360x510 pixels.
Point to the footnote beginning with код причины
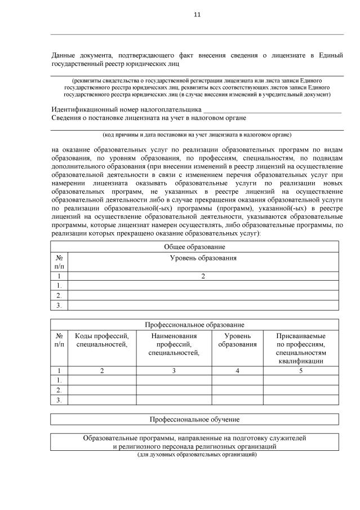(x=197, y=135)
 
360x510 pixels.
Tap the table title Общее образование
(x=194, y=247)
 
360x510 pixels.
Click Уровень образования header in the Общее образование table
(x=203, y=258)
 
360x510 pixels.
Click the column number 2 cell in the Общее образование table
(x=203, y=276)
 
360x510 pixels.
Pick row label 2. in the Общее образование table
(x=59, y=295)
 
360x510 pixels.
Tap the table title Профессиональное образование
(x=194, y=325)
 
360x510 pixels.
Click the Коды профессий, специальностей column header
(x=102, y=340)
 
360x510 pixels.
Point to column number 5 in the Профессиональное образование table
(x=301, y=370)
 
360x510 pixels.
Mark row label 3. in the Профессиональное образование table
(x=59, y=400)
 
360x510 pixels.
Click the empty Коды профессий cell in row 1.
(x=102, y=380)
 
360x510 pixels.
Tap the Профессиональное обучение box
(x=194, y=420)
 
